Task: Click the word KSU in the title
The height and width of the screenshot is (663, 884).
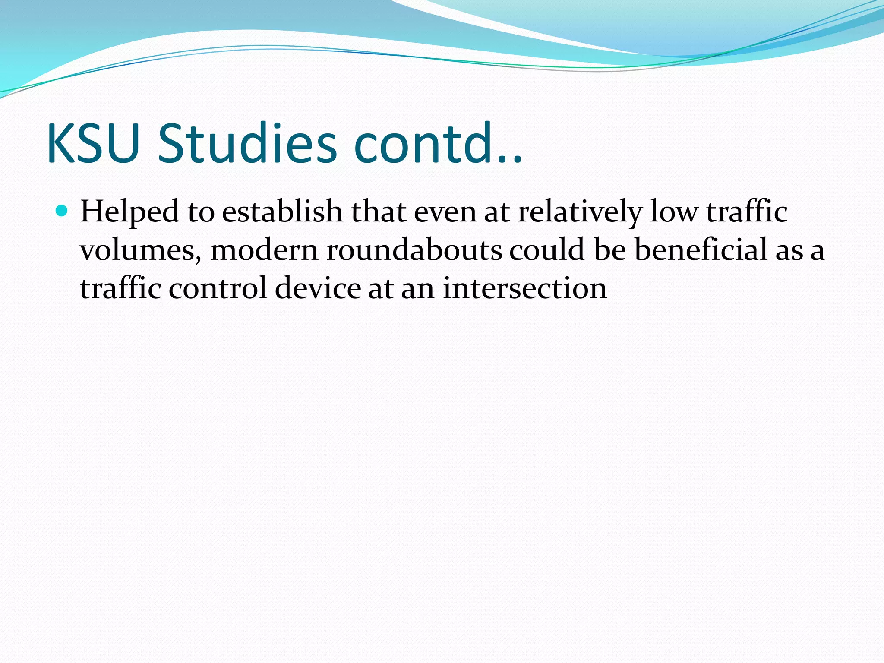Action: coord(93,144)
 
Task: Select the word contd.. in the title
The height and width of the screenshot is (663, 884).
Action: coord(437,144)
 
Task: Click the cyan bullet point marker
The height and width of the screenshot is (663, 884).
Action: coord(63,211)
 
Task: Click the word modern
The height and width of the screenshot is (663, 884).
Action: coord(264,250)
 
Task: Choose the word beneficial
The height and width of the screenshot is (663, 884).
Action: coord(701,250)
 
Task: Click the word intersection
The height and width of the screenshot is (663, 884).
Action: coord(525,288)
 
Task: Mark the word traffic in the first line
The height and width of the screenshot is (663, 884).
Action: coord(747,212)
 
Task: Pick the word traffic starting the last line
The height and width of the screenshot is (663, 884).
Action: coord(120,288)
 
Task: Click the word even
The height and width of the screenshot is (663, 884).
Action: coord(445,212)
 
